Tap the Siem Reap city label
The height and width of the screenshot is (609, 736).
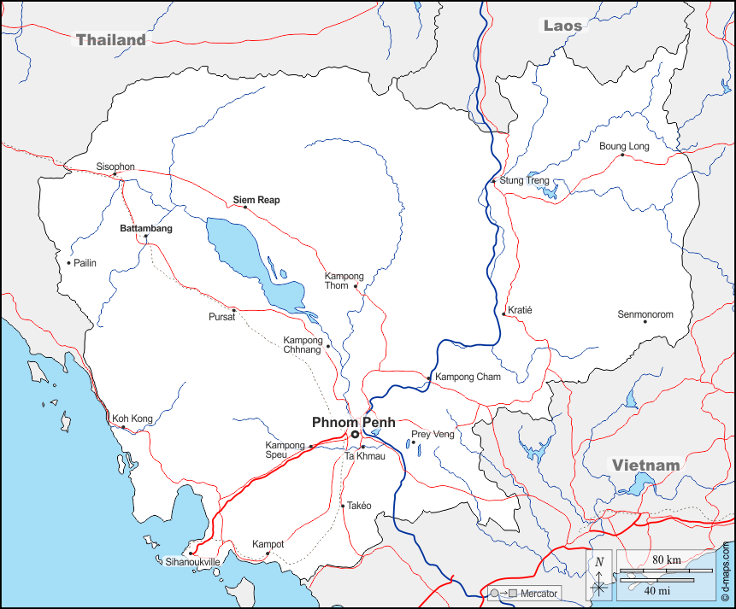256,200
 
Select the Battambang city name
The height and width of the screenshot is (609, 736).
145,229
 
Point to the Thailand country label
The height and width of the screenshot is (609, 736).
111,39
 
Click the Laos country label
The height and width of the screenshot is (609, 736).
562,26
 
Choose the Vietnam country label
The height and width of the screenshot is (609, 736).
645,466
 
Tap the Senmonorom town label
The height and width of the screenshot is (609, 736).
645,314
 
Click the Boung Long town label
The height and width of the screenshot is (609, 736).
624,146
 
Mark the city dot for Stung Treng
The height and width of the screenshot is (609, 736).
494,181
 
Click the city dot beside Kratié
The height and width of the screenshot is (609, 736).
504,314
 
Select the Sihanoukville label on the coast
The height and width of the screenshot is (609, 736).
192,562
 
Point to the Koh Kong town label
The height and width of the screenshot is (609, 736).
132,419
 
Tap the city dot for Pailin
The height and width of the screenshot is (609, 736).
69,262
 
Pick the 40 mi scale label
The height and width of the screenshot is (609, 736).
657,590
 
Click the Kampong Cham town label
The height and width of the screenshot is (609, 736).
468,377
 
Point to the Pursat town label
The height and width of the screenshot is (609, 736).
221,316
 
